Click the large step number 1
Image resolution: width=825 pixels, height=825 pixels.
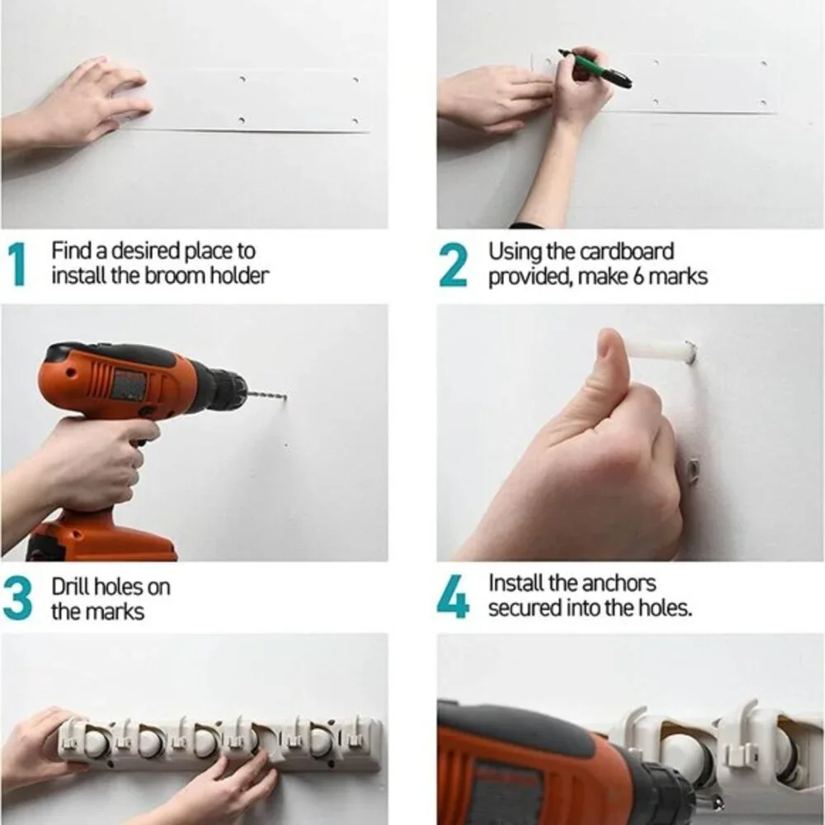pyautogui.click(x=18, y=264)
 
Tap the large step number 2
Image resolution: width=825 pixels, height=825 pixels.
pyautogui.click(x=452, y=265)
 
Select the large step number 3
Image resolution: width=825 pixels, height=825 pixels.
pyautogui.click(x=16, y=599)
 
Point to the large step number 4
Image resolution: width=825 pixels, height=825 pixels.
pyautogui.click(x=453, y=596)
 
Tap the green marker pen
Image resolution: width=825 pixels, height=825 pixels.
pyautogui.click(x=595, y=68)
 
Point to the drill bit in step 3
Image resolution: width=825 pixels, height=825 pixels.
pyautogui.click(x=266, y=394)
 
